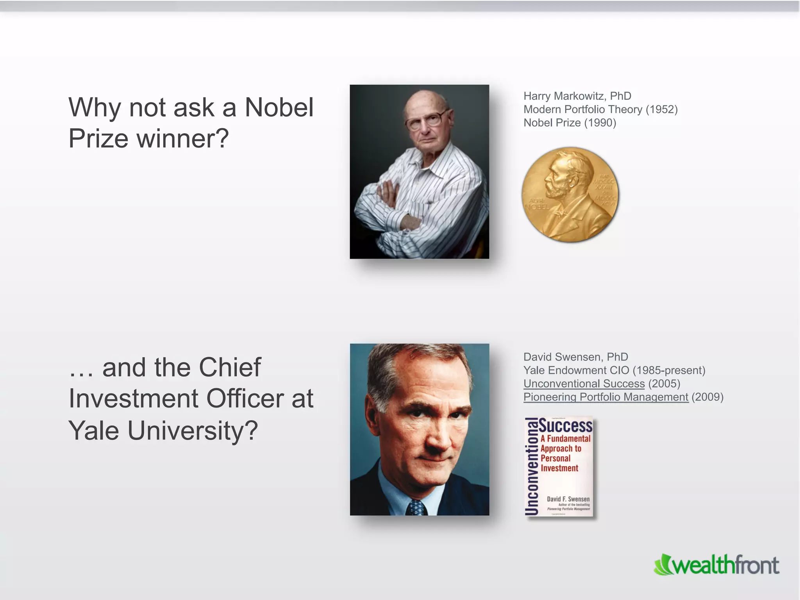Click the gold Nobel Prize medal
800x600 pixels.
tap(570, 195)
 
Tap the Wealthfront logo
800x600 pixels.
tap(717, 565)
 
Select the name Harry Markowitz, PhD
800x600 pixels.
tap(577, 96)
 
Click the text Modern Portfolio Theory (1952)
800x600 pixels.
tap(600, 109)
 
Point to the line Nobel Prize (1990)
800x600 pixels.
tap(570, 123)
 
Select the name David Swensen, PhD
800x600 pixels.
tap(575, 357)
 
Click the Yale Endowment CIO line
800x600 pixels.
tap(614, 370)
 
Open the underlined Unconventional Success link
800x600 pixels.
tap(584, 384)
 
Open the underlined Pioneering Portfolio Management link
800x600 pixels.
tap(605, 397)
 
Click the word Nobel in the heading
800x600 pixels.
tap(279, 107)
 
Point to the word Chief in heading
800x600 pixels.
tap(229, 368)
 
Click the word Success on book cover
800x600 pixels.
tap(566, 425)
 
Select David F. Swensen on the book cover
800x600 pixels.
tap(568, 499)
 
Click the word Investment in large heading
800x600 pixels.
tap(133, 399)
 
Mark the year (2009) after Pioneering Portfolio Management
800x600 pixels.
tap(707, 397)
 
